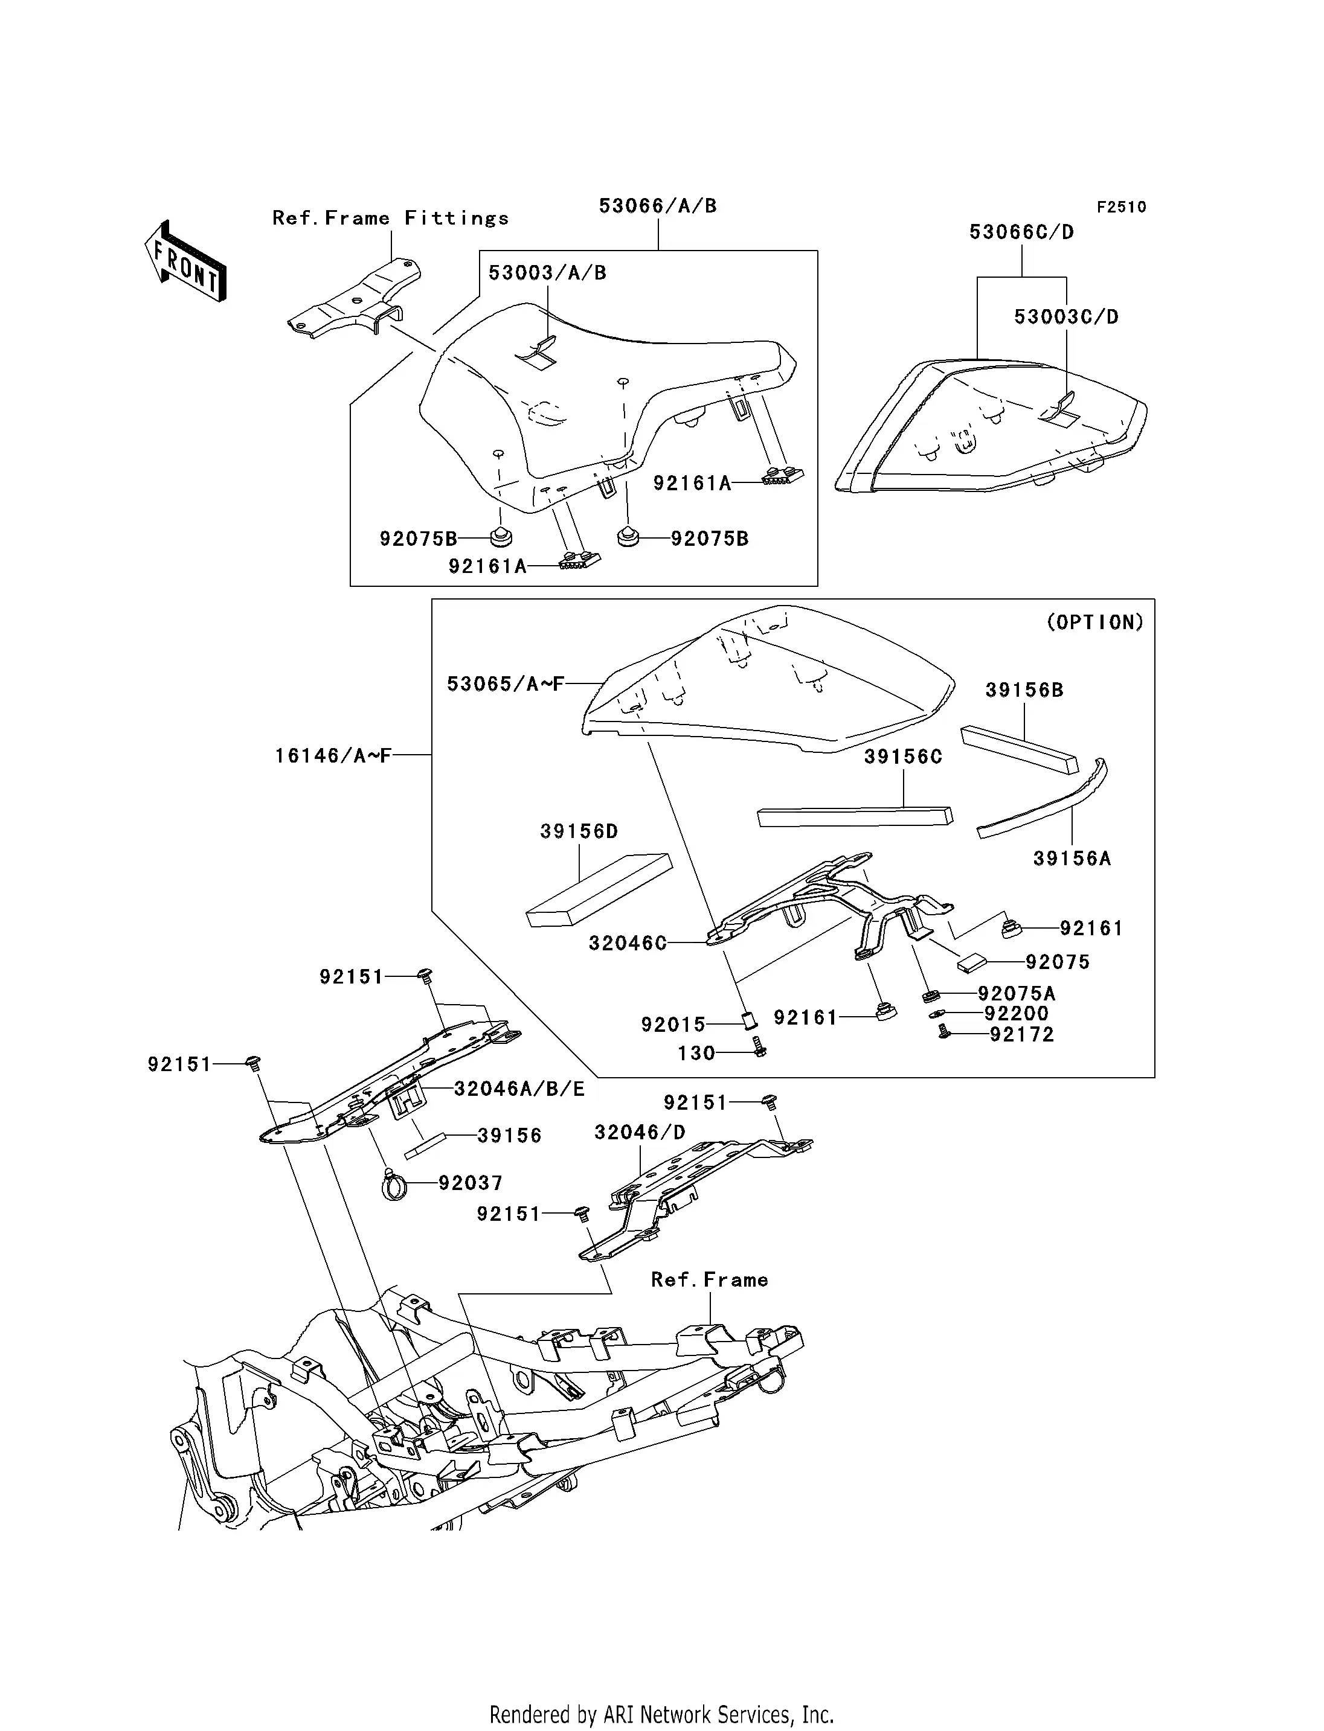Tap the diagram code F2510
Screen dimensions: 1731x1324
[1122, 207]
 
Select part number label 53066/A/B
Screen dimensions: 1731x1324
[657, 206]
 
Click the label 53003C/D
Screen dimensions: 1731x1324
[1065, 317]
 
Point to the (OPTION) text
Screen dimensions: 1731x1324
[1094, 622]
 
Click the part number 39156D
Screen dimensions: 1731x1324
[579, 832]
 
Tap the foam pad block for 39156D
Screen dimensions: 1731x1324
[599, 889]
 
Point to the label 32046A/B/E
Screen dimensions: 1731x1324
[519, 1089]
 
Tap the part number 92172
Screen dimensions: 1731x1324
[1021, 1034]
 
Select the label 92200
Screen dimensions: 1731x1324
[1016, 1014]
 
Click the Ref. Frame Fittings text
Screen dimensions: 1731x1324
[390, 218]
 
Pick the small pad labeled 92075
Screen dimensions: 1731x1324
[972, 962]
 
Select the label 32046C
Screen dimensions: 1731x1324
[628, 943]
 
